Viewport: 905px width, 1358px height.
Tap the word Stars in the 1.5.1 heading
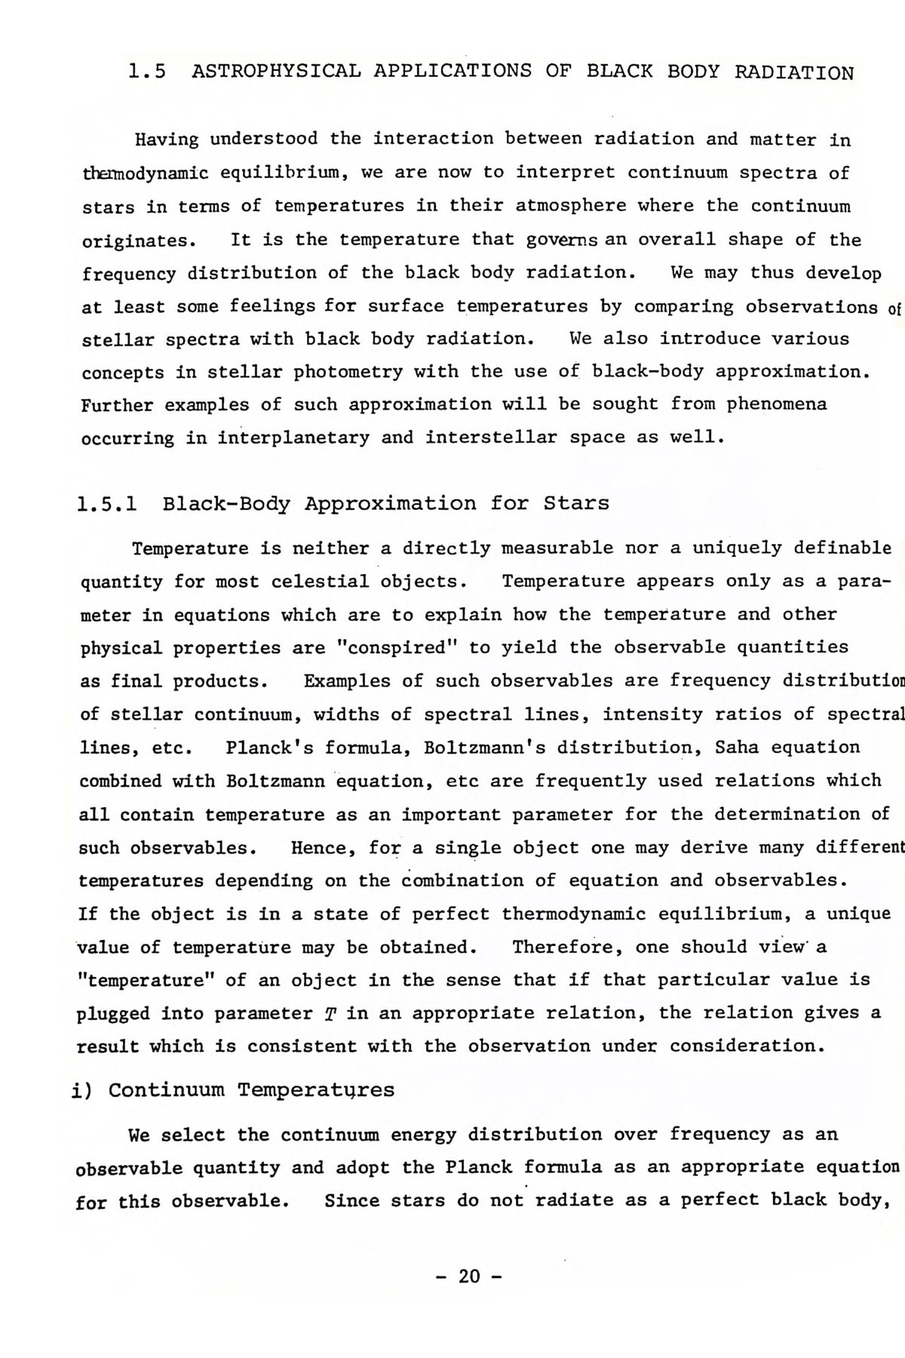point(576,503)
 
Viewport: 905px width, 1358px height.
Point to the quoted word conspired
point(397,648)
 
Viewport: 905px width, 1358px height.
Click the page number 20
point(468,1277)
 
